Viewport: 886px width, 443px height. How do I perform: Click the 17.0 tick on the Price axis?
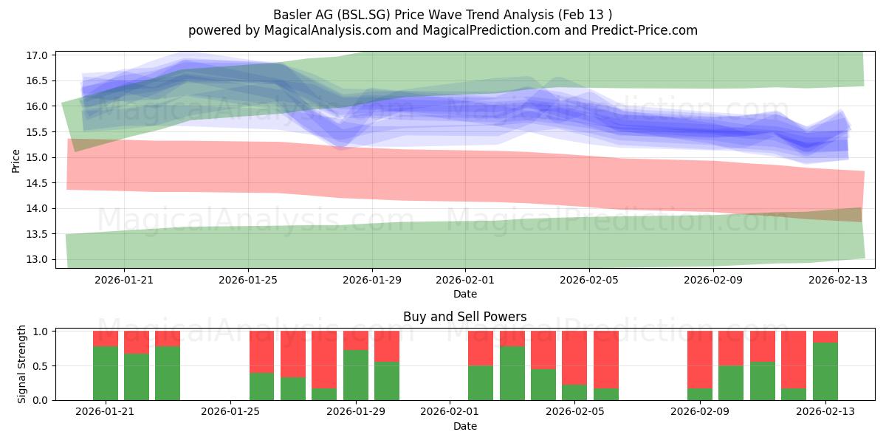36,55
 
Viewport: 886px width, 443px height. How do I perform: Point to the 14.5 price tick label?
36,183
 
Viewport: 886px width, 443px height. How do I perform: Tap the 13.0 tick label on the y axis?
36,260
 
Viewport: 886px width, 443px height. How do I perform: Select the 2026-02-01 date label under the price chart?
465,280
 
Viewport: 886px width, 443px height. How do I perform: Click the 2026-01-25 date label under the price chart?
248,280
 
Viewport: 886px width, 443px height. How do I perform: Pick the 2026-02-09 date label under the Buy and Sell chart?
700,412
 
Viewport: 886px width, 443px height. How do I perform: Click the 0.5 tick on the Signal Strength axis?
40,366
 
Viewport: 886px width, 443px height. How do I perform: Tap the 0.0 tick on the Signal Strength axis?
40,401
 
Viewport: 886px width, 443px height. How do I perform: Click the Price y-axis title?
16,162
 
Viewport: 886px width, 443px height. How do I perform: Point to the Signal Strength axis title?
21,364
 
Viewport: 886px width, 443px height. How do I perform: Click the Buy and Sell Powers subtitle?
464,317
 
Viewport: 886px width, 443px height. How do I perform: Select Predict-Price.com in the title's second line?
645,30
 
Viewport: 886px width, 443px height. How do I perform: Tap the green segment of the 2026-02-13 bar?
825,371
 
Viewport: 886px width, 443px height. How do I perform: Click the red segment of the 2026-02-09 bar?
700,360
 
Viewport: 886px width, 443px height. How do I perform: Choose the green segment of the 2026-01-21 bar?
106,374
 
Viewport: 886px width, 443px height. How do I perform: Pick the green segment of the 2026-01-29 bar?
356,375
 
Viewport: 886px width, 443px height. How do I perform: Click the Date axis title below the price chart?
465,295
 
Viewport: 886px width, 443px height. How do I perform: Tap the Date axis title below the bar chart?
465,427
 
